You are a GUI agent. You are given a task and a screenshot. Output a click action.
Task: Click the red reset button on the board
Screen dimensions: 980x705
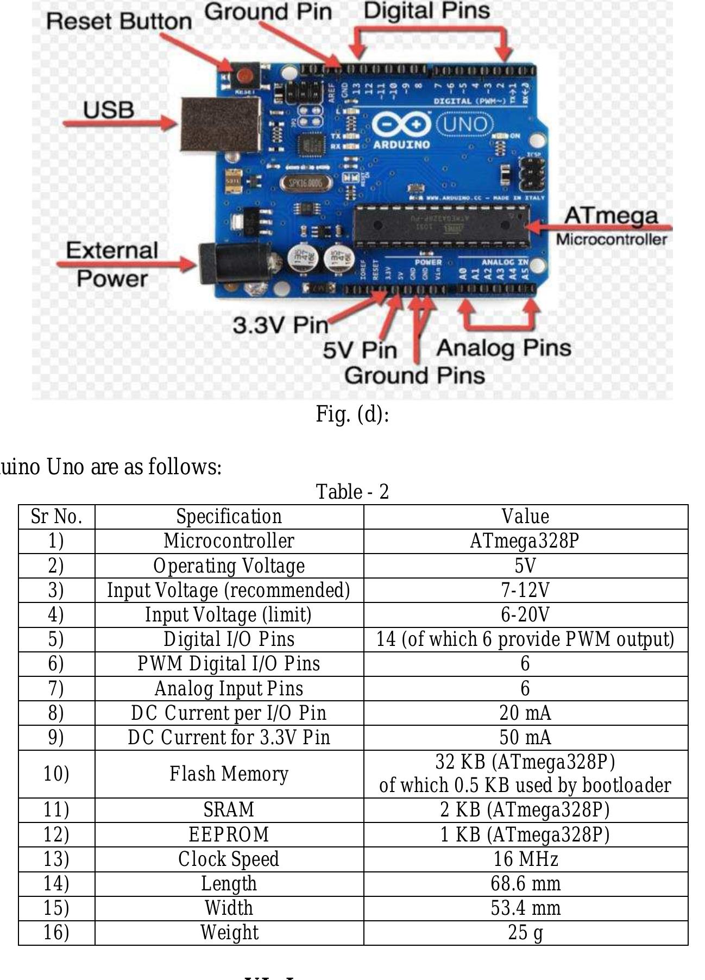[245, 75]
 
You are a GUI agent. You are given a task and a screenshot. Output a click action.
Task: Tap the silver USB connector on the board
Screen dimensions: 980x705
[221, 125]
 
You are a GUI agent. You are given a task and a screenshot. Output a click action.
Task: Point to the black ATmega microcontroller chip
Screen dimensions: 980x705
[441, 225]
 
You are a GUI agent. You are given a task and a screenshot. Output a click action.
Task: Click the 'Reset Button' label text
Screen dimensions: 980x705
[119, 21]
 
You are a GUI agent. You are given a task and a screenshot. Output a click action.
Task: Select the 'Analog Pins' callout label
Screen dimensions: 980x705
[503, 348]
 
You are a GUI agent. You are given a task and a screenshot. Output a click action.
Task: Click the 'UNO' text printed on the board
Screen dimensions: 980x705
[465, 125]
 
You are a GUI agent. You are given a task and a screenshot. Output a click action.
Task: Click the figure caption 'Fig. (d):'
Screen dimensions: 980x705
[352, 414]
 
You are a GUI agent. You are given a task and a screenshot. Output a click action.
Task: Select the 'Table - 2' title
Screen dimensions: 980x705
[352, 492]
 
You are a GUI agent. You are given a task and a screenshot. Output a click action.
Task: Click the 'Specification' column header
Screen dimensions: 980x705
[229, 517]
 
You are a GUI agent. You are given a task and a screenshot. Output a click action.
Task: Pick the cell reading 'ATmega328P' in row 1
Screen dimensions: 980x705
[525, 541]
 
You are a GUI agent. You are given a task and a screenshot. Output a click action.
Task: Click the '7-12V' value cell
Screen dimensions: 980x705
[525, 590]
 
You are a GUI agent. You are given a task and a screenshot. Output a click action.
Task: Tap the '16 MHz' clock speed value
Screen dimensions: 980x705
[525, 859]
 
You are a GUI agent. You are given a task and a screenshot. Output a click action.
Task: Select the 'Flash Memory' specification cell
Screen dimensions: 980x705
[229, 774]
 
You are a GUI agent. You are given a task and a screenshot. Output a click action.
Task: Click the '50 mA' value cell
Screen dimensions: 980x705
[525, 737]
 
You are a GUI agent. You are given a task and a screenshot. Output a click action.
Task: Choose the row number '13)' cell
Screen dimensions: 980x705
[56, 859]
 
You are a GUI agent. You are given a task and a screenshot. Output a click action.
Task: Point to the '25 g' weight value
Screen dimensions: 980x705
[525, 932]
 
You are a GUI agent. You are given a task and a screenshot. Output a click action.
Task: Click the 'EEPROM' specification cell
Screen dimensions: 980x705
[229, 834]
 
